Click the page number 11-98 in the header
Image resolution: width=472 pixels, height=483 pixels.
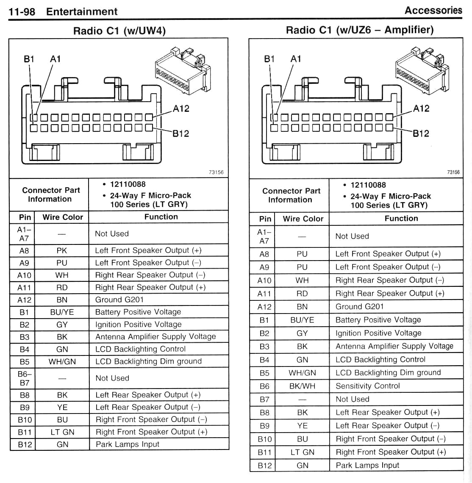22,12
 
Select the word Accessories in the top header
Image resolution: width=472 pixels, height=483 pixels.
433,11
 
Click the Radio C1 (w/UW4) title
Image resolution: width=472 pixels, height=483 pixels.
119,31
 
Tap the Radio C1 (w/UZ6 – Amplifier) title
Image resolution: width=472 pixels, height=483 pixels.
360,30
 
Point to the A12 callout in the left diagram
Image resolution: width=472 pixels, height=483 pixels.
181,109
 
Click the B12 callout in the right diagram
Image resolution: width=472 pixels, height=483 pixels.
421,134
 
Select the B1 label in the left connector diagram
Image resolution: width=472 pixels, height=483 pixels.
29,59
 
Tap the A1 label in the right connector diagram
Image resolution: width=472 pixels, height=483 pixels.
296,59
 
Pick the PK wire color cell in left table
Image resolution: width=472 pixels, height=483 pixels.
62,250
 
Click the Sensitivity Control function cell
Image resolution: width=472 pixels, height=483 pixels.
367,386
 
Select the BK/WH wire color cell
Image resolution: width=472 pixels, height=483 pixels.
302,386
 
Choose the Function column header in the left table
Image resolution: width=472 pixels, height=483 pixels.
161,217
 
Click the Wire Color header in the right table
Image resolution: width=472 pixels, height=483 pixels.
303,219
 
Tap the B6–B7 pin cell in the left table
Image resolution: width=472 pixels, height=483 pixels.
25,378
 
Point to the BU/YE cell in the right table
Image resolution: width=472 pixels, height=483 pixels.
302,320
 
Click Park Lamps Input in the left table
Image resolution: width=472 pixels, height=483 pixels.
128,444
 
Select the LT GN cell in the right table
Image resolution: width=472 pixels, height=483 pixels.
302,452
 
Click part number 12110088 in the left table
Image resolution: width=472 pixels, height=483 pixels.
128,184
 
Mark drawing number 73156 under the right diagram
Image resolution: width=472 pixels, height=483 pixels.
453,172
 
